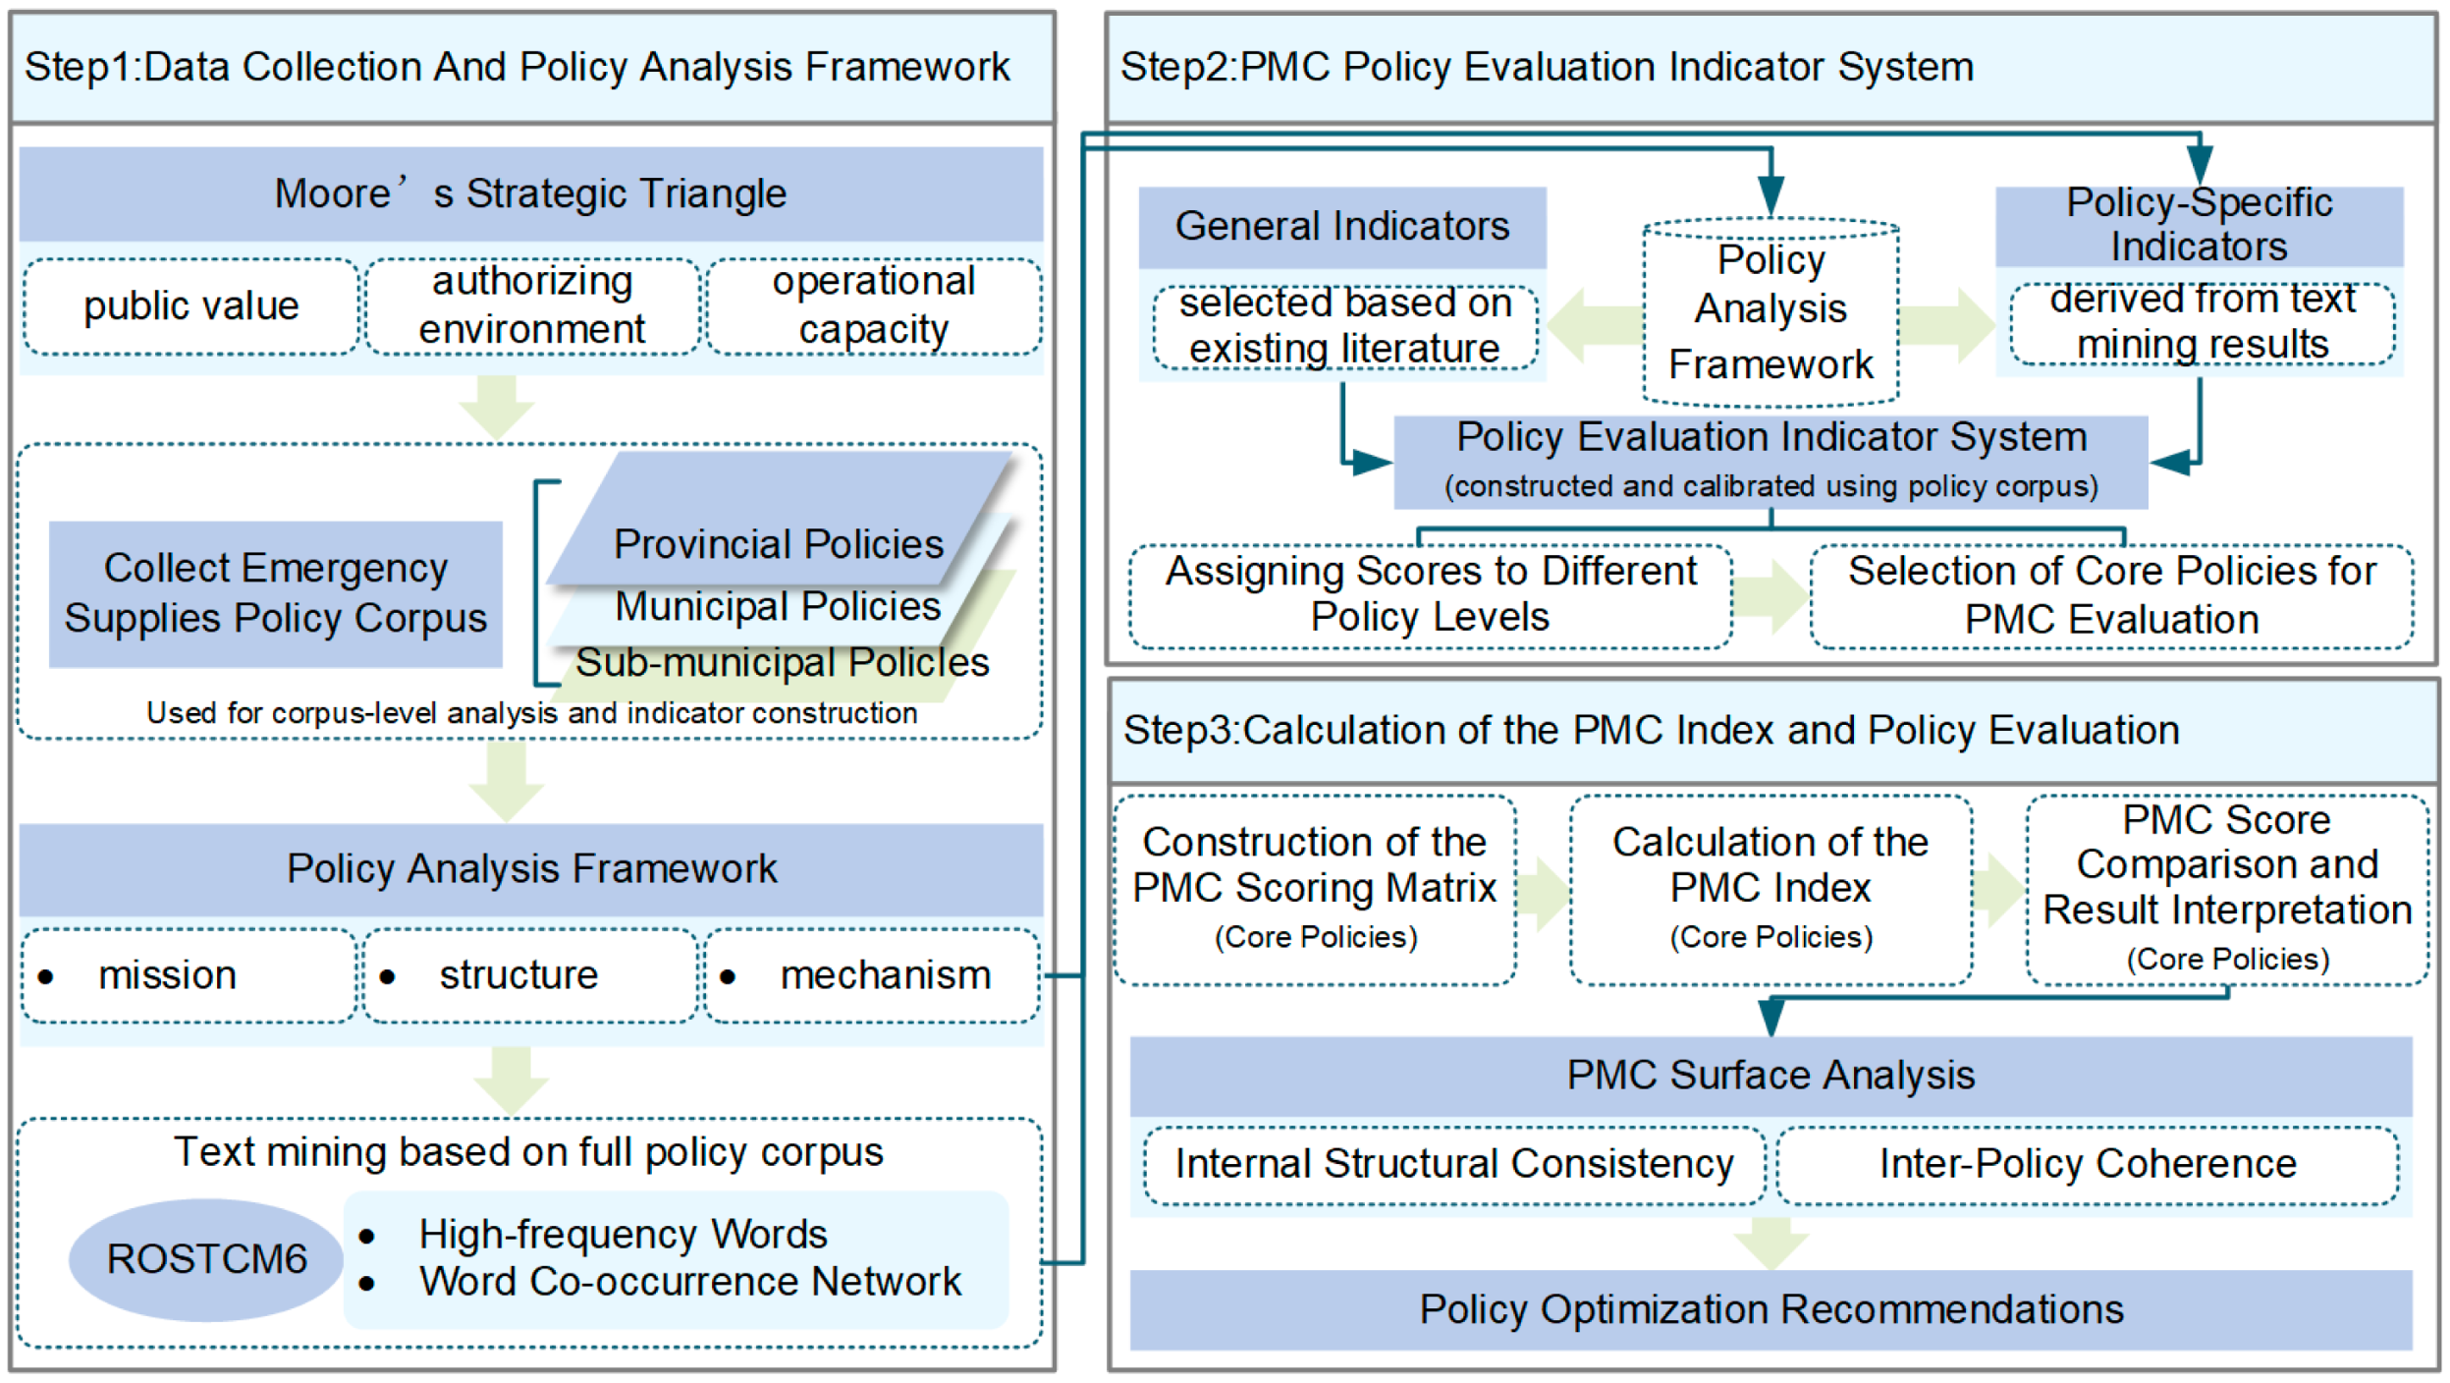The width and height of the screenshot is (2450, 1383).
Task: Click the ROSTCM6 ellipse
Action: tap(205, 1258)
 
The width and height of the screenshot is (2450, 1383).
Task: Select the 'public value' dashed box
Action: tap(191, 306)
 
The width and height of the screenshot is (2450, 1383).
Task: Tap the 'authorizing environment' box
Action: tap(531, 306)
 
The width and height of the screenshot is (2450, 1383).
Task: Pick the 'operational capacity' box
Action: tap(873, 306)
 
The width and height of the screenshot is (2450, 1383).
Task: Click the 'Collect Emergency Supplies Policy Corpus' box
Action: tap(275, 593)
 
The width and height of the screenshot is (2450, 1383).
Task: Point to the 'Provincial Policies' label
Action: tap(778, 543)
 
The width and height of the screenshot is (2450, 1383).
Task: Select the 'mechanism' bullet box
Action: tap(871, 975)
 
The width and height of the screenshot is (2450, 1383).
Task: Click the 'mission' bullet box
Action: tap(189, 975)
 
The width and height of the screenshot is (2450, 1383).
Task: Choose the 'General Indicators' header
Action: tap(1341, 227)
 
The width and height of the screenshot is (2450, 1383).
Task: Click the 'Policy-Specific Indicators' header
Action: tap(2199, 225)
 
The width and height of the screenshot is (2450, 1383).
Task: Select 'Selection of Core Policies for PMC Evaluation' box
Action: tap(2111, 595)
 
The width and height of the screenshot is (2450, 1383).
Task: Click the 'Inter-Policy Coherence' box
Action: tap(2088, 1164)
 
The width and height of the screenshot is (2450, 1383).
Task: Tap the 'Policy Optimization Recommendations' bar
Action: tap(1770, 1309)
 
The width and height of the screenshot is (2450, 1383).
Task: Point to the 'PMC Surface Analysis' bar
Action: tap(1770, 1075)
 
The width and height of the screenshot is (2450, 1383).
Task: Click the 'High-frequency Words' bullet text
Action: tap(623, 1234)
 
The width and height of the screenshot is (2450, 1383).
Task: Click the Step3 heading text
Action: tap(1651, 731)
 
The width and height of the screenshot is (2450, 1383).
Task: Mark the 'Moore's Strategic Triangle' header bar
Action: tap(530, 194)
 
